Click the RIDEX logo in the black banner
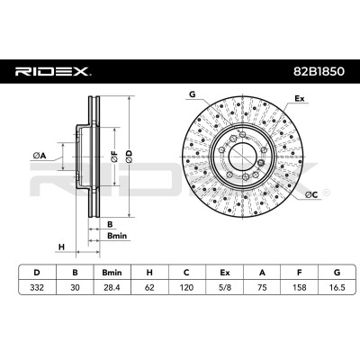53,71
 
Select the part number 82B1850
319,71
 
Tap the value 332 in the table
37,287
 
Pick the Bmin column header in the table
112,273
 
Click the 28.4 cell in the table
112,287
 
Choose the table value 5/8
224,287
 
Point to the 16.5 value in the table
337,287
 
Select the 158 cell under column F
300,287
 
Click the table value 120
186,287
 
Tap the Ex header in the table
225,273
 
